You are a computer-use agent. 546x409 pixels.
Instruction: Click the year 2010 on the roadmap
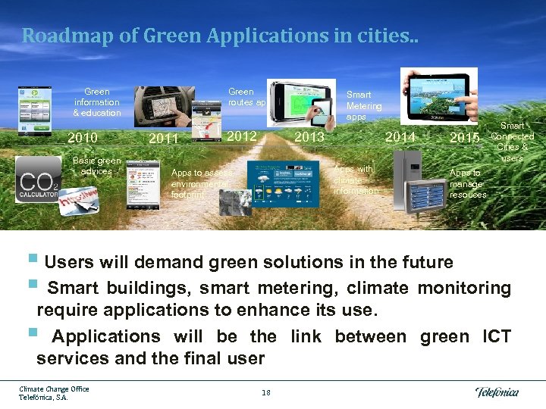pos(83,138)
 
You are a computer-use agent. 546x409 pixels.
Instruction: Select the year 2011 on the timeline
pos(164,139)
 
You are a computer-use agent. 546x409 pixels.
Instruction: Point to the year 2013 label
pos(309,137)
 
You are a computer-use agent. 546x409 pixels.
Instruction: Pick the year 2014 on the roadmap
pos(400,137)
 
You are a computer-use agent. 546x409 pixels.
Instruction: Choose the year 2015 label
pos(464,138)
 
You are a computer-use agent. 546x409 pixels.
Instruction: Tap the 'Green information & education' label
pos(96,102)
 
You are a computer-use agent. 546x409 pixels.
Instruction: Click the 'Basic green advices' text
pos(96,166)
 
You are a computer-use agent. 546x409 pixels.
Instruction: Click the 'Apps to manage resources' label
pos(468,184)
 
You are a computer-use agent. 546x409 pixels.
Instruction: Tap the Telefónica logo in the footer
pos(497,392)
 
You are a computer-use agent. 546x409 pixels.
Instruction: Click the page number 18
pos(265,392)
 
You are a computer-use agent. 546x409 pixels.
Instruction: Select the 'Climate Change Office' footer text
pos(54,389)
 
